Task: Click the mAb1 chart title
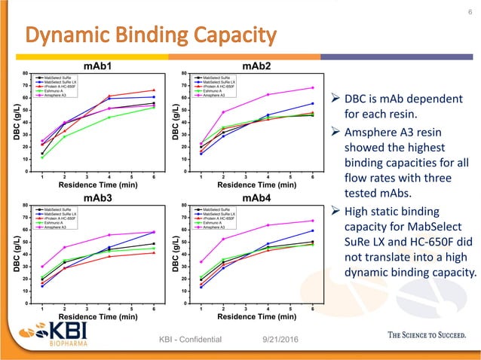tap(98, 66)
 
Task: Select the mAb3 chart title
tap(98, 197)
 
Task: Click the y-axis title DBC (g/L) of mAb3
tap(15, 254)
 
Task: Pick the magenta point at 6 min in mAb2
tap(313, 88)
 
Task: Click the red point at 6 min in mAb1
tap(154, 90)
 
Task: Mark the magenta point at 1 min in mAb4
tap(201, 262)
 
